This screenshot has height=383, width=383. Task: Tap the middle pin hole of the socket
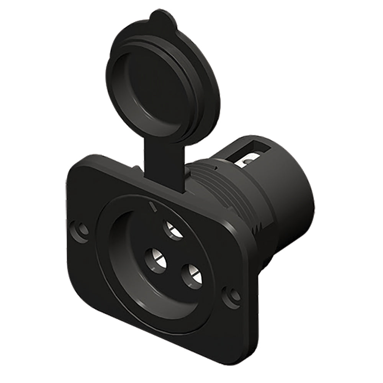coord(156,260)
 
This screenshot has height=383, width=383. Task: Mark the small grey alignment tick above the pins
coord(154,207)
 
